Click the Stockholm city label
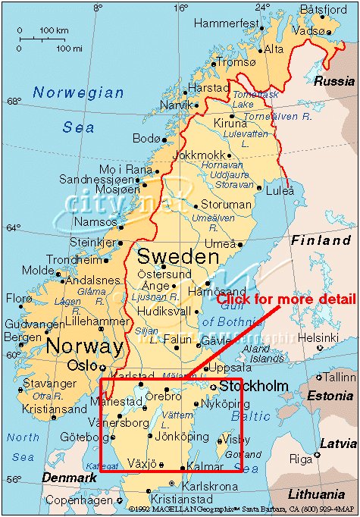pos(254,387)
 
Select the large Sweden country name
pos(177,257)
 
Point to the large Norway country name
pos(85,347)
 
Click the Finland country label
pos(321,240)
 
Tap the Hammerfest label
pos(225,23)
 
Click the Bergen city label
pos(22,336)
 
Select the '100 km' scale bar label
pos(55,30)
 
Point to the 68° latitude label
pos(14,101)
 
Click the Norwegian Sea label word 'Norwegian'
pos(78,92)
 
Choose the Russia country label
pos(334,80)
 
